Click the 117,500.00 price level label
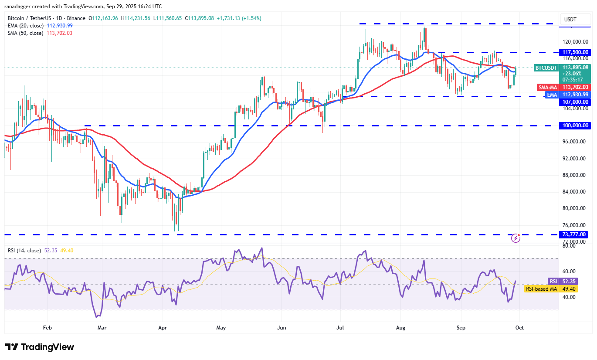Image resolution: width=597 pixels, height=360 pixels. (x=575, y=52)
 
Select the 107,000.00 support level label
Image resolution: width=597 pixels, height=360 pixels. (x=575, y=102)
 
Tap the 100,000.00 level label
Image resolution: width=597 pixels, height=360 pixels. (x=575, y=126)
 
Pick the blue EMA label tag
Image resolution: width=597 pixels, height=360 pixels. (x=552, y=95)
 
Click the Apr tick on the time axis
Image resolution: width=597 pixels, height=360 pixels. (x=163, y=327)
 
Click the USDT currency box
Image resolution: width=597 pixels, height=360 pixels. (x=570, y=19)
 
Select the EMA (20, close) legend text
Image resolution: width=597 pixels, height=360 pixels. (x=26, y=26)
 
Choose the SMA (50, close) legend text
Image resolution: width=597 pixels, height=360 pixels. (x=26, y=33)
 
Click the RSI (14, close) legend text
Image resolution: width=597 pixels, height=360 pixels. (x=24, y=251)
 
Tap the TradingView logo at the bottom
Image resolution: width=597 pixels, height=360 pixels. (x=40, y=347)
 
